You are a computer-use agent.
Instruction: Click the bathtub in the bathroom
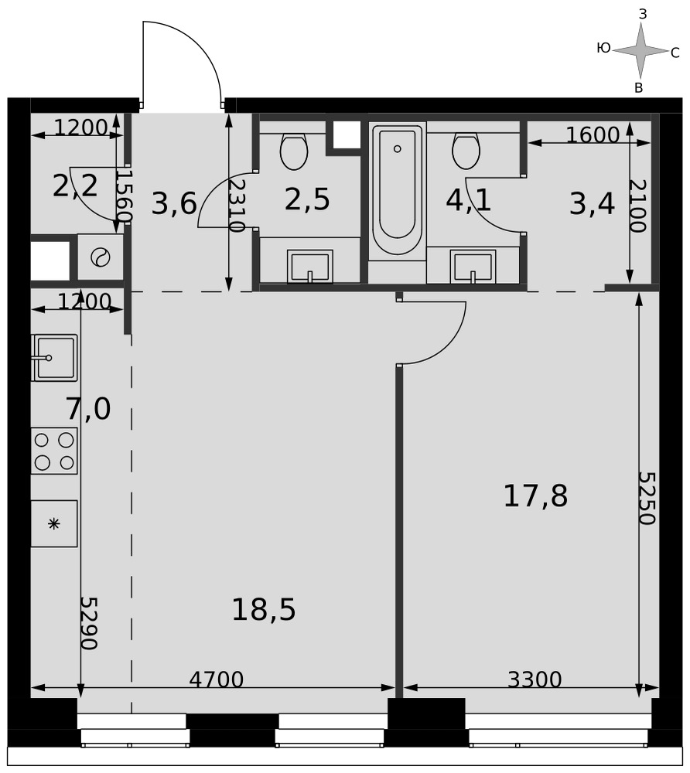click(397, 190)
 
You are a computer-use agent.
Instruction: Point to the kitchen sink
click(54, 358)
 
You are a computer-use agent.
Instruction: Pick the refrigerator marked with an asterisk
click(53, 523)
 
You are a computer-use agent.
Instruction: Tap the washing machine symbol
click(101, 257)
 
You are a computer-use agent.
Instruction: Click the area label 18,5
click(264, 609)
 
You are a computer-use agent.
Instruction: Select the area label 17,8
click(535, 496)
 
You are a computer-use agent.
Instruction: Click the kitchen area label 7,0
click(88, 409)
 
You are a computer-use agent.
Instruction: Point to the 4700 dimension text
click(217, 679)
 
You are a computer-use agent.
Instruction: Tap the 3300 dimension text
click(535, 679)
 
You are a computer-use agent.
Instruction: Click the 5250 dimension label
click(647, 499)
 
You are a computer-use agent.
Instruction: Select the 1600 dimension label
click(593, 135)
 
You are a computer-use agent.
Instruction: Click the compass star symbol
click(640, 50)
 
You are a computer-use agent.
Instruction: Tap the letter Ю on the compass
click(603, 48)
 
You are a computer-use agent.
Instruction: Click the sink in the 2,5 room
click(309, 267)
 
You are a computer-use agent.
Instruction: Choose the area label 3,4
click(593, 204)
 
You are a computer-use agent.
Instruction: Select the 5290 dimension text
click(89, 624)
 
